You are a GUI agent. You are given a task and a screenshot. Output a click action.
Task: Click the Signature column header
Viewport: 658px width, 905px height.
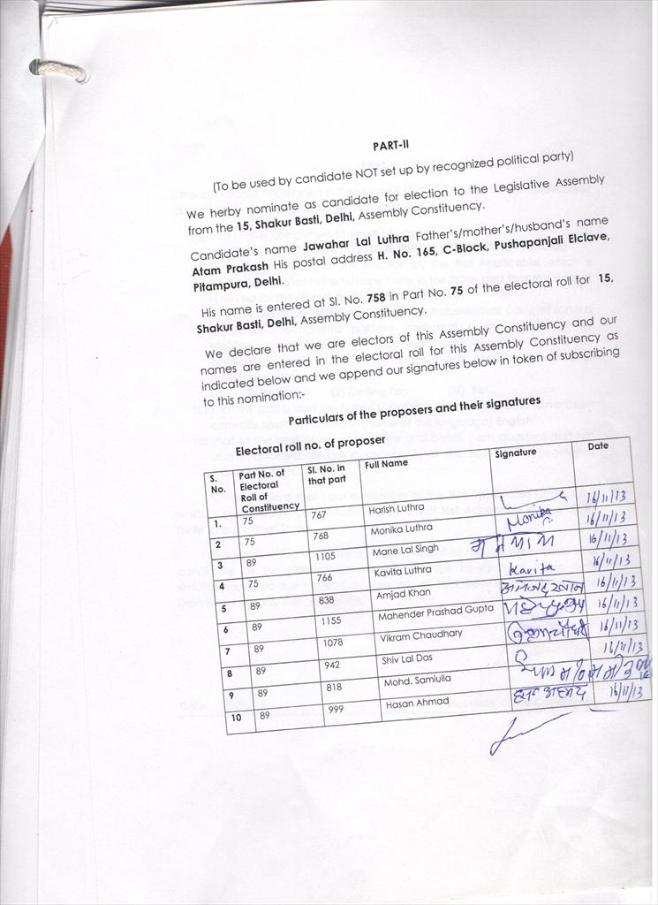[516, 452]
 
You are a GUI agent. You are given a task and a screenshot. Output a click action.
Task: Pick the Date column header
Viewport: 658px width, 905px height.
[598, 446]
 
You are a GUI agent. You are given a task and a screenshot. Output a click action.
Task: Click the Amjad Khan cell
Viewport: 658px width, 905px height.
[403, 594]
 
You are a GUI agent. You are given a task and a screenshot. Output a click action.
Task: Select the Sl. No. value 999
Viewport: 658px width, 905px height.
[336, 710]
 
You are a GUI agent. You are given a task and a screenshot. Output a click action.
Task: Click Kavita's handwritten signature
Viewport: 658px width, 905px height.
[530, 567]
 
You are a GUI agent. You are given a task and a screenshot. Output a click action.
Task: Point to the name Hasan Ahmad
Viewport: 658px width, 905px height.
[416, 703]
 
